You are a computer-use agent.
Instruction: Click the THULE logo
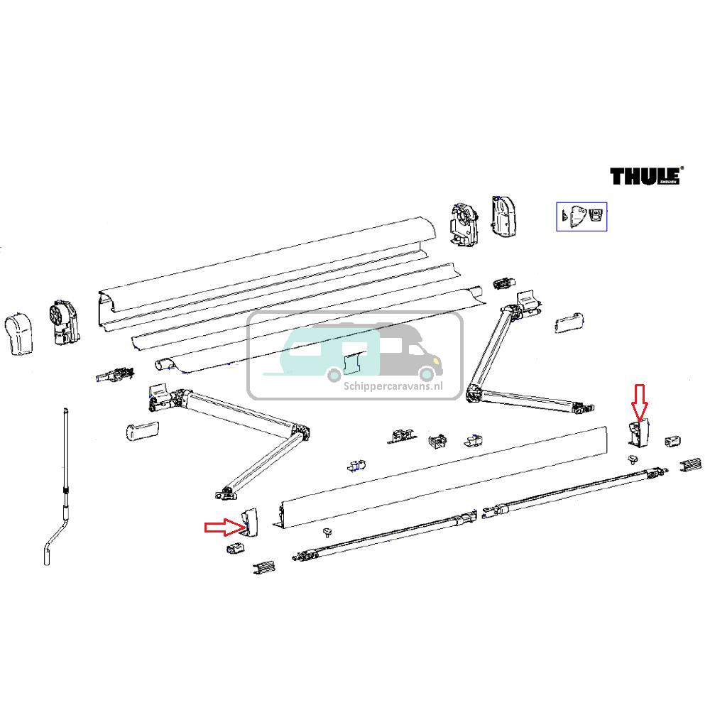click(645, 175)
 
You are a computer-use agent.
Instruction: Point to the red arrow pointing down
click(640, 400)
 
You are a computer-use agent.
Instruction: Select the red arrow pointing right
click(222, 527)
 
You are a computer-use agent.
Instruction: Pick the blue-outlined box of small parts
click(581, 217)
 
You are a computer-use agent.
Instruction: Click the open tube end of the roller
click(165, 364)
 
